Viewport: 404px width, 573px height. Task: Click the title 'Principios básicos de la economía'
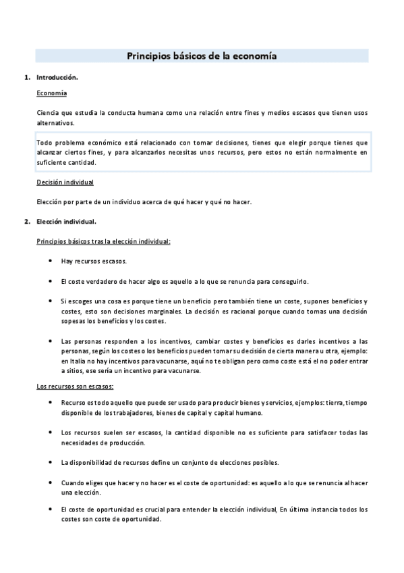pos(202,57)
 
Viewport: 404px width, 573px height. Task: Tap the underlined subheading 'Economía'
pos(51,93)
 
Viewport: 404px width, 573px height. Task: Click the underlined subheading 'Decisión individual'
pos(65,182)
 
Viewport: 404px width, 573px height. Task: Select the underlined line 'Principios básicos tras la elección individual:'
pos(103,241)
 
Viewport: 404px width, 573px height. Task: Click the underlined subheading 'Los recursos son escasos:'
pos(74,386)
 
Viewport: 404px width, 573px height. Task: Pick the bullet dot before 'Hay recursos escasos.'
pos(52,261)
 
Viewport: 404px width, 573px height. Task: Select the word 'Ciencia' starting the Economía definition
pos(49,112)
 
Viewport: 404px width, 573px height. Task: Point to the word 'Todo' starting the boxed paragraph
pos(45,143)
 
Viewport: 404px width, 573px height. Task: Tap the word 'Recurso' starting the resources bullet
pos(73,403)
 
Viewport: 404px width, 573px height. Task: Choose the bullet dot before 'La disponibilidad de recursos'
pos(52,462)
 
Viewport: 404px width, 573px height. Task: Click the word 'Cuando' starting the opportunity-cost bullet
pos(72,483)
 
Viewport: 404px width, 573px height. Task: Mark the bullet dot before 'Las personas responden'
pos(52,341)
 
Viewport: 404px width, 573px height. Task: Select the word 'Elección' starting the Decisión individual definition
pos(50,201)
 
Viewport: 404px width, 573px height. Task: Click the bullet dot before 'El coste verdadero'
pos(52,281)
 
